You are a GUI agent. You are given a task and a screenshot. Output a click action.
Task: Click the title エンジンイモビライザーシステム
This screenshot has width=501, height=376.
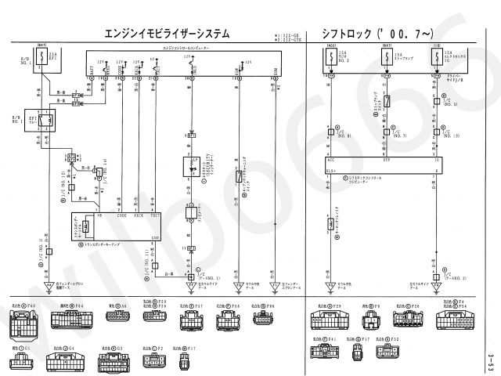coord(168,34)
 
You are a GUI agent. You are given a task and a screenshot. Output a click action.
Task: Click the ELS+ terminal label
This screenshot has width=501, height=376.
coord(331,171)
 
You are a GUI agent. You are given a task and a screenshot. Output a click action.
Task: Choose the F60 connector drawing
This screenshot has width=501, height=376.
coord(24,321)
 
